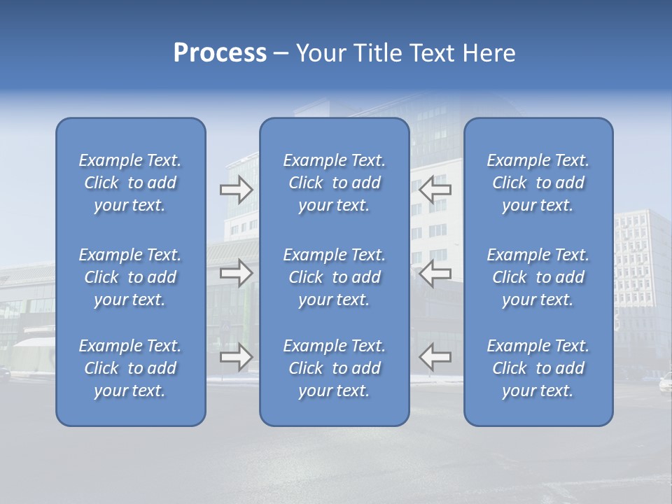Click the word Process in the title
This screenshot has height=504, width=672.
coord(220,53)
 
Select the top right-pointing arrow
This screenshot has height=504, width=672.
coord(236,190)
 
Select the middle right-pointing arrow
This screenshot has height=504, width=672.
coord(236,273)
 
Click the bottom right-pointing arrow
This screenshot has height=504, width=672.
coord(236,356)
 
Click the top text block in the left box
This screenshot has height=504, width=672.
coord(130,183)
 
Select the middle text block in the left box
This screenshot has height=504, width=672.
coord(130,277)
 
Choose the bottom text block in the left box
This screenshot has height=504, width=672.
coord(130,368)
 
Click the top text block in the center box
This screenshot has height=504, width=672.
coord(334,183)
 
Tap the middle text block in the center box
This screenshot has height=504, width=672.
coord(334,277)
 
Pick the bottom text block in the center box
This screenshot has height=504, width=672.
coord(334,368)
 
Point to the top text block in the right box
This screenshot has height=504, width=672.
coord(538,183)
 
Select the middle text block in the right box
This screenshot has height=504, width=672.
coord(538,277)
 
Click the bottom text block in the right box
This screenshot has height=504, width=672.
coord(538,368)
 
